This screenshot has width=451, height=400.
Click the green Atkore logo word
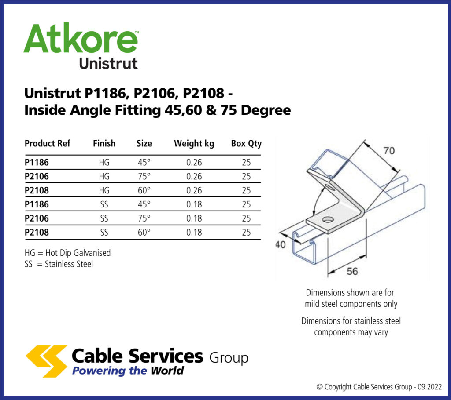pyautogui.click(x=81, y=39)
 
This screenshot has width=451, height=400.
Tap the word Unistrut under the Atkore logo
pyautogui.click(x=108, y=62)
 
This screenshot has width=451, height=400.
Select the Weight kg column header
pyautogui.click(x=194, y=144)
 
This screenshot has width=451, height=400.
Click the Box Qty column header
pyautogui.click(x=246, y=144)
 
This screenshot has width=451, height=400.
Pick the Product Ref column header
pyautogui.click(x=48, y=144)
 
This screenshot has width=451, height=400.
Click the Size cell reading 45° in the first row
pyautogui.click(x=144, y=163)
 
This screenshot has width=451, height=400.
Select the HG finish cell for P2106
pyautogui.click(x=104, y=177)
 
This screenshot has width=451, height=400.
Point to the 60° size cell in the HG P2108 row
pyautogui.click(x=144, y=191)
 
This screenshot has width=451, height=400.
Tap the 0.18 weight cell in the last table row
pyautogui.click(x=194, y=233)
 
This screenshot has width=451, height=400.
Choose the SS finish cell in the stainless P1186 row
pyautogui.click(x=104, y=204)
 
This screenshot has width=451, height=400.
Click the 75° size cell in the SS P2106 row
pyautogui.click(x=144, y=218)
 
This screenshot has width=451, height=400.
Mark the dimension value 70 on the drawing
pyautogui.click(x=388, y=151)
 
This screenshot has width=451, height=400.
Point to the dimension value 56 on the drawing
pyautogui.click(x=352, y=272)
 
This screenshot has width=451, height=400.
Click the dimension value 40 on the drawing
pyautogui.click(x=281, y=245)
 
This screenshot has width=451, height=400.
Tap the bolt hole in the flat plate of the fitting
pyautogui.click(x=328, y=219)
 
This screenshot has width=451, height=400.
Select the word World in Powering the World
pyautogui.click(x=167, y=371)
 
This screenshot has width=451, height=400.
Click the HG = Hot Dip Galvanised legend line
pyautogui.click(x=68, y=253)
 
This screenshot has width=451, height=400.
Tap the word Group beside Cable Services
pyautogui.click(x=229, y=358)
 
